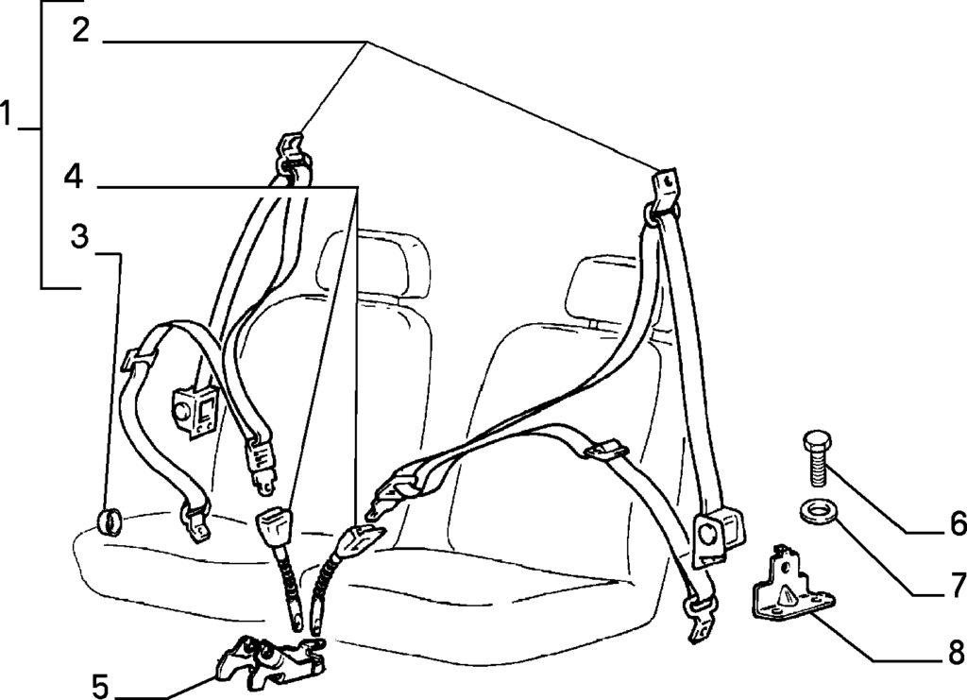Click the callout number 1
pyautogui.click(x=7, y=113)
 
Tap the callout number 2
pyautogui.click(x=81, y=29)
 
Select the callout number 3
pyautogui.click(x=79, y=236)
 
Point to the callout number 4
pyautogui.click(x=74, y=176)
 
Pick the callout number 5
pyautogui.click(x=100, y=685)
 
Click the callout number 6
pyautogui.click(x=957, y=523)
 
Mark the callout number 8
pyautogui.click(x=957, y=651)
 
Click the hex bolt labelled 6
pyautogui.click(x=815, y=457)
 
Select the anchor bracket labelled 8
pyautogui.click(x=790, y=582)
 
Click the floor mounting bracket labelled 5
pyautogui.click(x=269, y=660)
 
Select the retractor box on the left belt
pyautogui.click(x=195, y=412)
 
